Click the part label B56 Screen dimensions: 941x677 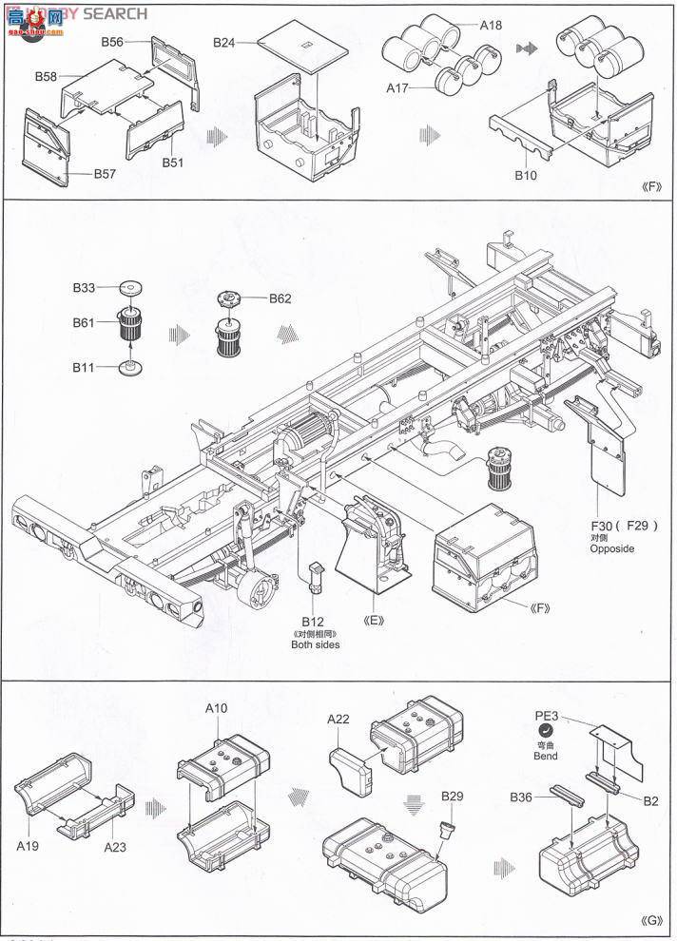click(x=113, y=42)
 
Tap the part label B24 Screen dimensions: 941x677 click(x=225, y=43)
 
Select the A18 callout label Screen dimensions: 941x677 click(x=490, y=26)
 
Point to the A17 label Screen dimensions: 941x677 click(x=398, y=87)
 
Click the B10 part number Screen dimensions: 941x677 click(x=526, y=175)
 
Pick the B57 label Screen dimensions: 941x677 click(x=105, y=174)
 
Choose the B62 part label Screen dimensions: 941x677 click(x=280, y=298)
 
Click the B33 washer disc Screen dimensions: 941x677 click(x=130, y=287)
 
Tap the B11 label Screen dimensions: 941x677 click(x=85, y=366)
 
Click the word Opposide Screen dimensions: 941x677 click(x=610, y=548)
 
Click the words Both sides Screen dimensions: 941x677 click(x=315, y=645)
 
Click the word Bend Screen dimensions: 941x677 click(x=546, y=756)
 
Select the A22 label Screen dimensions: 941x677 click(x=341, y=720)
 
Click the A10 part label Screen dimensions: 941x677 click(x=217, y=708)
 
